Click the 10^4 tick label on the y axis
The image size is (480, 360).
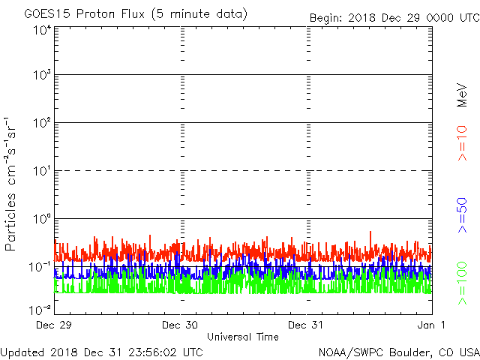point(41,29)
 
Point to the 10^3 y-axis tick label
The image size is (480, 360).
point(41,75)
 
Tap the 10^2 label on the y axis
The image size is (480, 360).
point(41,122)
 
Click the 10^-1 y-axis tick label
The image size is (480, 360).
point(40,266)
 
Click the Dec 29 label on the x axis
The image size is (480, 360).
point(55,325)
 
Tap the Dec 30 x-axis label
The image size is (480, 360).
point(181,325)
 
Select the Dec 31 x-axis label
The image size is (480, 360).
point(307,325)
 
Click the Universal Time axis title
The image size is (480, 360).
point(242,337)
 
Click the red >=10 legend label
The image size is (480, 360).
point(463,143)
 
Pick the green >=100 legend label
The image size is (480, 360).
point(463,283)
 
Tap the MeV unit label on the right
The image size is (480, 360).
point(463,94)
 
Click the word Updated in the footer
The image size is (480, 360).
point(22,351)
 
